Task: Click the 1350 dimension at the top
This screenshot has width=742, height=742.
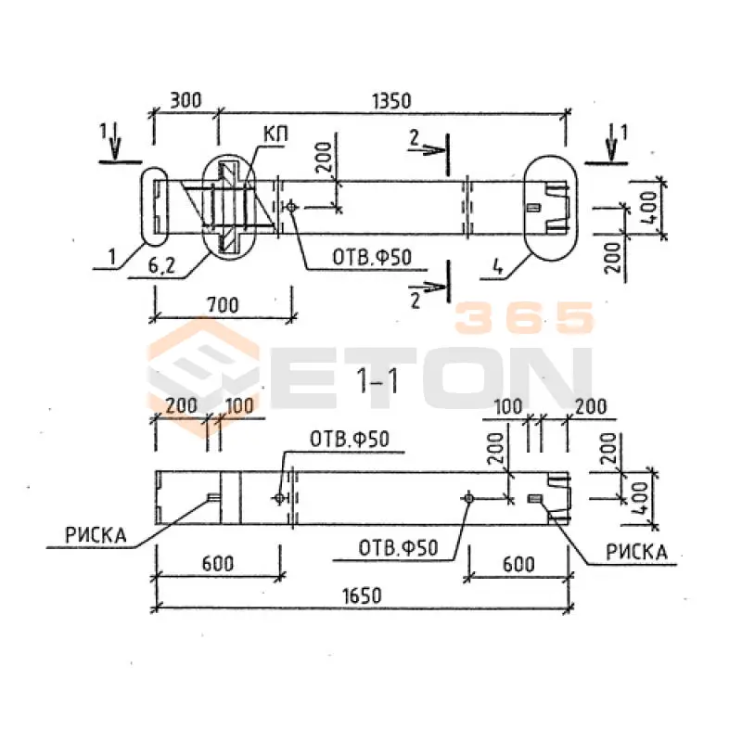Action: click(x=391, y=101)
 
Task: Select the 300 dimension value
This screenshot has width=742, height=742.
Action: click(x=185, y=100)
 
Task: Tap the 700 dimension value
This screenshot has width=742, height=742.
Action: click(x=223, y=305)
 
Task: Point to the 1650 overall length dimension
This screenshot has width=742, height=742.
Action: click(x=362, y=595)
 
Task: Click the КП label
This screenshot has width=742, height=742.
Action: click(x=275, y=134)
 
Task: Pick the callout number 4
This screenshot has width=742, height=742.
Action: click(x=497, y=268)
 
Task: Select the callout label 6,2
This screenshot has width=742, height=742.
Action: click(x=161, y=265)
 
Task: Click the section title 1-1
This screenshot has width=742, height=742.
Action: click(x=377, y=380)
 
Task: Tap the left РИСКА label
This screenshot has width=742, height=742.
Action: click(x=96, y=535)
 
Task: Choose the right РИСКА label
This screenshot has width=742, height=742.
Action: click(x=637, y=552)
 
